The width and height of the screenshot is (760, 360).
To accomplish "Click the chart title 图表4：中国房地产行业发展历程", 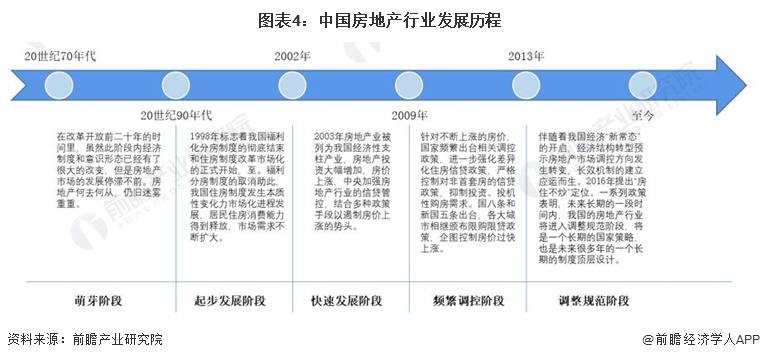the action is tap(379, 19).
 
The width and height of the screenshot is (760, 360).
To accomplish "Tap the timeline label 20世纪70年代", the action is tap(59, 56).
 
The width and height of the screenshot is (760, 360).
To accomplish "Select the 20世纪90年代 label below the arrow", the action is tap(175, 115).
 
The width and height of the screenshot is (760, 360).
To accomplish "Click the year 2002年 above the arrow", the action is tap(292, 56).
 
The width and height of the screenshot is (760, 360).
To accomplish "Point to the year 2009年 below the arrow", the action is tap(409, 115).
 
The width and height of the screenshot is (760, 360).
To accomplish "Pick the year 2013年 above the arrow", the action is tap(526, 56).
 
